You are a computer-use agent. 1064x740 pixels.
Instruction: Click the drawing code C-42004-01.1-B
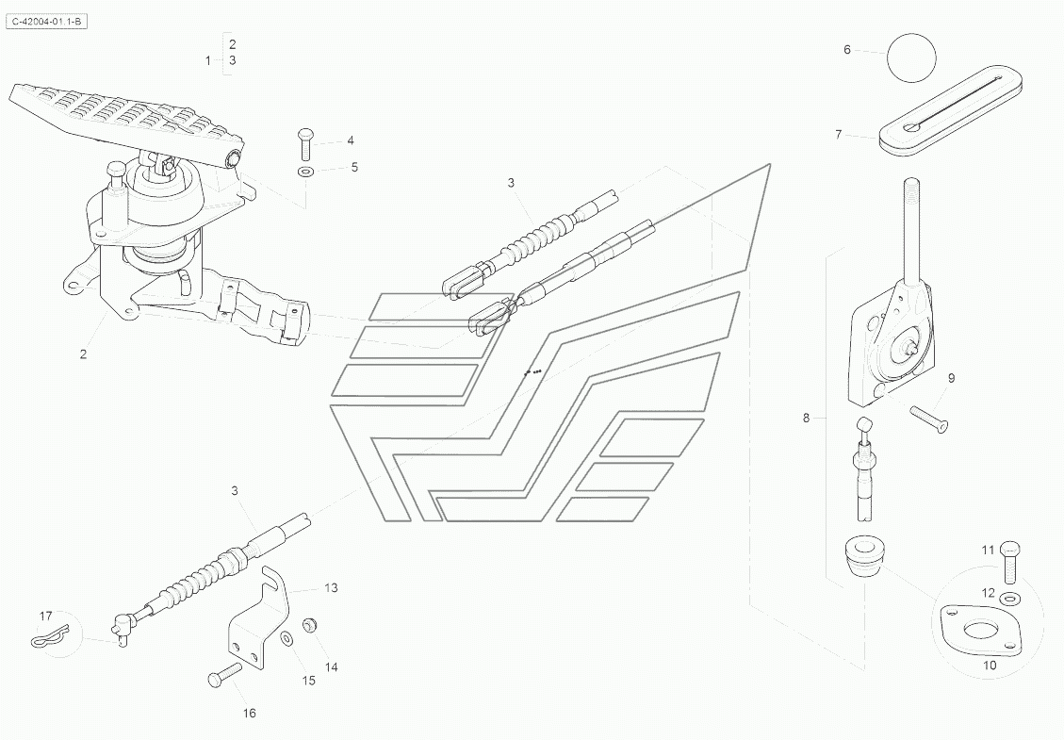click(x=47, y=21)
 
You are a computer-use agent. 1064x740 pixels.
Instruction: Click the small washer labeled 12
click(x=1010, y=598)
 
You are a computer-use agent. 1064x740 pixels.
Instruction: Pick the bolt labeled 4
click(x=307, y=143)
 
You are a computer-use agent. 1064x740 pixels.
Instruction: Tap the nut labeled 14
click(x=308, y=625)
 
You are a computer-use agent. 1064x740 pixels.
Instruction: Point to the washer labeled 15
click(x=286, y=641)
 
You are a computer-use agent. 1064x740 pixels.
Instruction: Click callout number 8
click(x=806, y=418)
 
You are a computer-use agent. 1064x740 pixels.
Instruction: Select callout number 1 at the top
click(x=208, y=60)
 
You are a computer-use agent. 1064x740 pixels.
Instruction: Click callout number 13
click(x=330, y=587)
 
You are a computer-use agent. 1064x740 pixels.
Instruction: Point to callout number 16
click(x=249, y=714)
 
